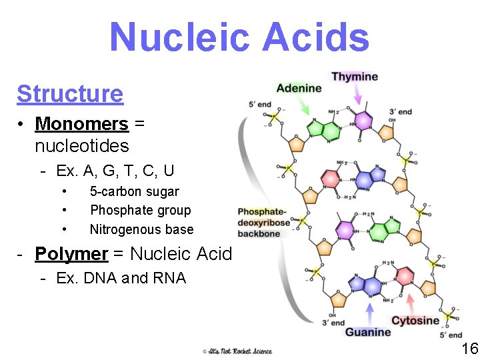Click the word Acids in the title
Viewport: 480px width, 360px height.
coord(316,37)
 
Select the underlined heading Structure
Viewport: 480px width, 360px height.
coord(70,94)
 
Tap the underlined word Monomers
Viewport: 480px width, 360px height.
coord(81,124)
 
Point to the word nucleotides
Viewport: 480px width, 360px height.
coord(81,145)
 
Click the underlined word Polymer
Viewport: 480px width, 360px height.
coord(71,254)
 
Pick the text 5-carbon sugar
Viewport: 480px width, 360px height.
coord(135,192)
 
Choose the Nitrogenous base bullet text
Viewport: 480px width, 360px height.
coord(141,229)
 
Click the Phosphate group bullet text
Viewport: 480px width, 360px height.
coord(140,211)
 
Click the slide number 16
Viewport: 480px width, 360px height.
coord(469,349)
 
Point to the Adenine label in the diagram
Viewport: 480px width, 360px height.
coord(298,88)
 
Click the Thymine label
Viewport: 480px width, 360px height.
coord(355,77)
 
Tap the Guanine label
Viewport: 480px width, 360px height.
coord(368,332)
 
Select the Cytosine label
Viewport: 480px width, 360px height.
coord(415,321)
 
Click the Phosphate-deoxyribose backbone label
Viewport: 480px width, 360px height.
coord(264,223)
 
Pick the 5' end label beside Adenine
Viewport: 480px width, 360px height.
coord(259,104)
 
